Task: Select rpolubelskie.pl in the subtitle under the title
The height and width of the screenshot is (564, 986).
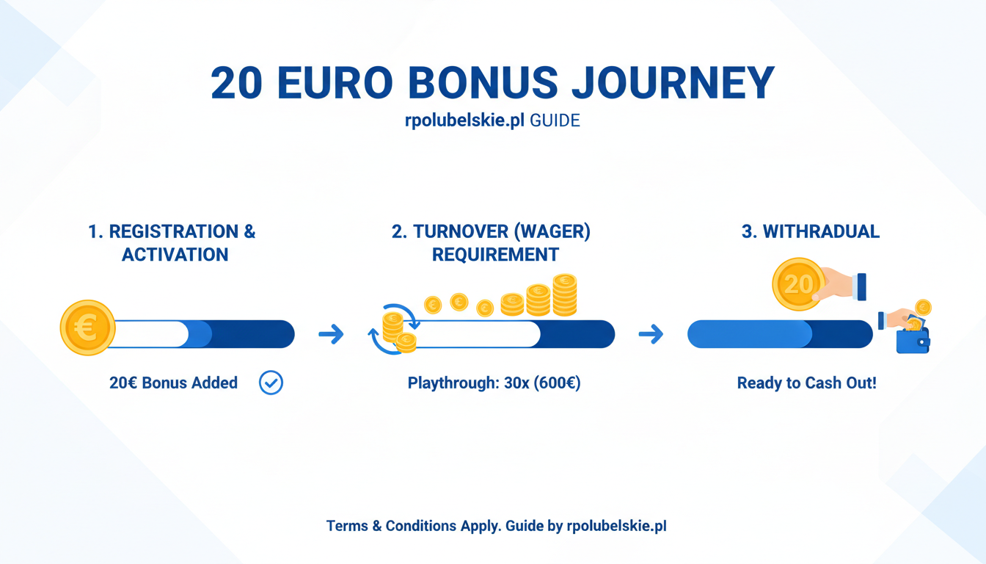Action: click(464, 121)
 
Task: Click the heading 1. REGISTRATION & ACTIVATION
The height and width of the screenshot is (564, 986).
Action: click(172, 243)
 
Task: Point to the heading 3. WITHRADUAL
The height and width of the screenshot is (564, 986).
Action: click(810, 232)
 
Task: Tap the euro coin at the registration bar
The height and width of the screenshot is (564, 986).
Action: click(87, 328)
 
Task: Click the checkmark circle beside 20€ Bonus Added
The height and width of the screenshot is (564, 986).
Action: click(271, 383)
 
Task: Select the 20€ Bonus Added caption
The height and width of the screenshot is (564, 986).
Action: click(173, 383)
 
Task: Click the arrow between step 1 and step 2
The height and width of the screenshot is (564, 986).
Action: click(332, 335)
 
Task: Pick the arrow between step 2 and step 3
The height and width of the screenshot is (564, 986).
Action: click(651, 335)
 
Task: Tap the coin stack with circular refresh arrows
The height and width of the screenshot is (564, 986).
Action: click(395, 330)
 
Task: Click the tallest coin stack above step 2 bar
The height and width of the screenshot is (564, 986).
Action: click(564, 295)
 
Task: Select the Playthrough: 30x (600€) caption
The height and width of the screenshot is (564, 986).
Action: click(494, 383)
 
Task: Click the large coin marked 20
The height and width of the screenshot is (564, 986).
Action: click(798, 284)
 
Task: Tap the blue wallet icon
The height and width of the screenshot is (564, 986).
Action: click(913, 339)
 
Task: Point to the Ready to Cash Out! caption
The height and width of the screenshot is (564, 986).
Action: click(806, 383)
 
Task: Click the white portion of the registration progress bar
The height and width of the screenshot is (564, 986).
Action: click(150, 334)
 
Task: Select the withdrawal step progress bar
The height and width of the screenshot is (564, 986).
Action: click(780, 334)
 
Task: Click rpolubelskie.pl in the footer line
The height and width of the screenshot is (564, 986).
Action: click(616, 526)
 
